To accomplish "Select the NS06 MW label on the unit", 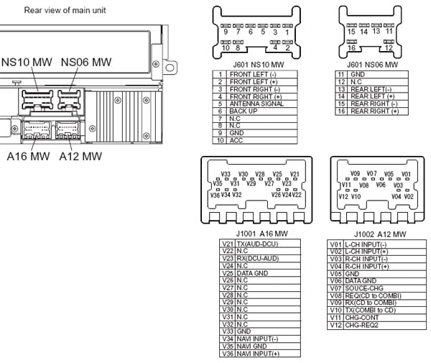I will [85, 62].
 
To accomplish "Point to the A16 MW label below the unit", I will [30, 156].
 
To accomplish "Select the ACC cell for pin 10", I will [236, 141].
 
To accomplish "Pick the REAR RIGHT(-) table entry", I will [374, 104].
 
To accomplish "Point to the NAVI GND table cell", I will [251, 346].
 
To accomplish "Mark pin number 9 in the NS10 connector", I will [225, 33].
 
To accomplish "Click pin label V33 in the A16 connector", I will [226, 175].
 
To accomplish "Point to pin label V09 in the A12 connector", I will [354, 174].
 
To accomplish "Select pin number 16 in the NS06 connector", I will [351, 47].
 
